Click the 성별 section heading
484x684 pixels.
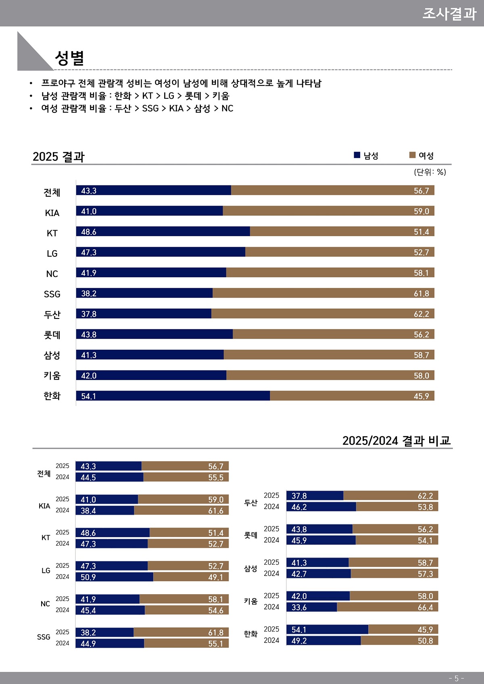pyautogui.click(x=69, y=58)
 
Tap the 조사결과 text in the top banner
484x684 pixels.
pyautogui.click(x=449, y=14)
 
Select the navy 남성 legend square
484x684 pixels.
pyautogui.click(x=357, y=155)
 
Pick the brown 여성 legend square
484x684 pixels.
pyautogui.click(x=412, y=155)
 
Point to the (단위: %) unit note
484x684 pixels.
pyautogui.click(x=430, y=172)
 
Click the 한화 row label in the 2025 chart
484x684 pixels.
pyautogui.click(x=52, y=396)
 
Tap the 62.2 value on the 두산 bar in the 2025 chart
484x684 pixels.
pyautogui.click(x=421, y=314)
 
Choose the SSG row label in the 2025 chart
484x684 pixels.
pyautogui.click(x=52, y=294)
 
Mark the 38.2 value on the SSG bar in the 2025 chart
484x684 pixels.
pyautogui.click(x=89, y=293)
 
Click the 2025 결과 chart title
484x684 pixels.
pyautogui.click(x=58, y=156)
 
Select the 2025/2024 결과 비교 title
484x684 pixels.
pyautogui.click(x=396, y=441)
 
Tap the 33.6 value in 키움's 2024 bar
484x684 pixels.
pyautogui.click(x=299, y=607)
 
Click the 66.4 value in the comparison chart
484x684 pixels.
pyautogui.click(x=425, y=607)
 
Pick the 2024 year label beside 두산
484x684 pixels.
pyautogui.click(x=271, y=507)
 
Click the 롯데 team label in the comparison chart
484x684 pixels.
pyautogui.click(x=250, y=535)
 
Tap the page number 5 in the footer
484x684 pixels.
pyautogui.click(x=457, y=678)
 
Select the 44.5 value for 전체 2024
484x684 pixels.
pyautogui.click(x=88, y=478)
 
